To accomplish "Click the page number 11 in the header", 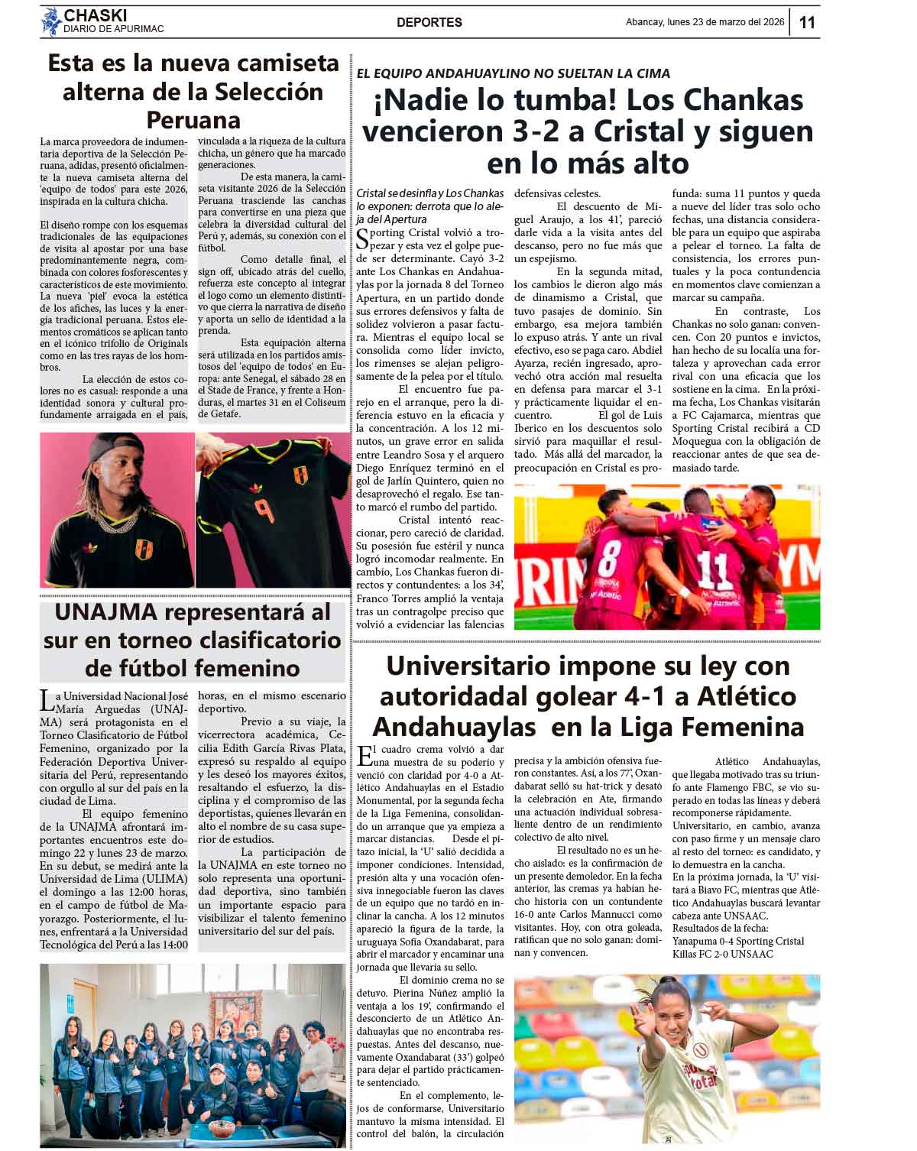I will (807, 22).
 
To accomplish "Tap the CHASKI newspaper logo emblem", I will (51, 21).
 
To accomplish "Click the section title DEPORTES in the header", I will (429, 23).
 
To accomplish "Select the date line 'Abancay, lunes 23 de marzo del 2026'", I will (705, 22).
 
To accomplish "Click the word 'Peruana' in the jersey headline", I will (193, 120).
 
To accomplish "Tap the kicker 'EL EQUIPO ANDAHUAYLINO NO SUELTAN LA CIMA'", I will (513, 73).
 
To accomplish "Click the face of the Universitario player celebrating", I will (669, 1007).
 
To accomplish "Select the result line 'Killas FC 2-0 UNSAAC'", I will (722, 954).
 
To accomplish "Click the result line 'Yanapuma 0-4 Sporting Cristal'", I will (738, 941).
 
